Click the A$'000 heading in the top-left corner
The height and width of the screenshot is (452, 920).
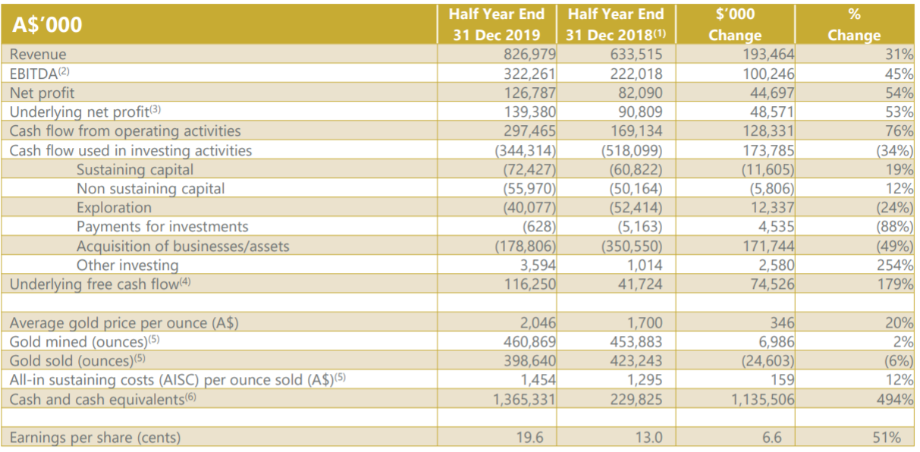coord(47,24)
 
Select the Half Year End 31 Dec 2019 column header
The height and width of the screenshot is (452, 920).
coord(497,24)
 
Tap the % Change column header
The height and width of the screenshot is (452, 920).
coord(854,24)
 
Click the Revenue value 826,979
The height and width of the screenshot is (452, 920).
coord(529,54)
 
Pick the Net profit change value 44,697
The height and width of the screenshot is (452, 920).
coord(772,93)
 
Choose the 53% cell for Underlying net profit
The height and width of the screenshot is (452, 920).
coord(899,111)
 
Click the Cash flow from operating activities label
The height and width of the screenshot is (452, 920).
coord(125,131)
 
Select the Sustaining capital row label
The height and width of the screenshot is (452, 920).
coord(135,170)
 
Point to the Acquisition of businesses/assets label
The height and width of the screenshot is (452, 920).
coord(183,246)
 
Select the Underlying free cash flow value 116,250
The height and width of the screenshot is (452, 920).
coord(530,284)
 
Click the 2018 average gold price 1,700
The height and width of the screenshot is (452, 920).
coord(645,322)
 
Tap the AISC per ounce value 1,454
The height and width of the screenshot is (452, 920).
coord(538,380)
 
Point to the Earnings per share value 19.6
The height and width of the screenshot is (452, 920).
coord(529,438)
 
